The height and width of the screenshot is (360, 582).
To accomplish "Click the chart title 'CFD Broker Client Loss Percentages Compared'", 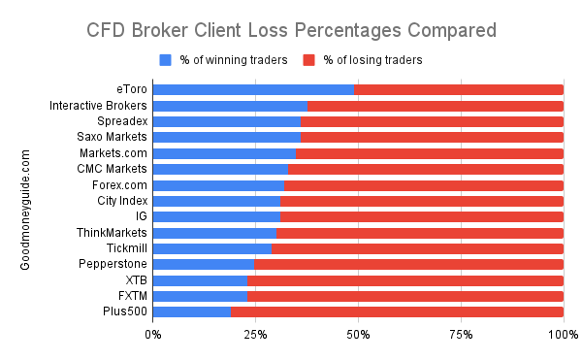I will (x=291, y=29).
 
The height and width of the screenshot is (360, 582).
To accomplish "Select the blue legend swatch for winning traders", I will (x=165, y=60).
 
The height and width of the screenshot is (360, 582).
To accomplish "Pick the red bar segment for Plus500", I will (x=397, y=311).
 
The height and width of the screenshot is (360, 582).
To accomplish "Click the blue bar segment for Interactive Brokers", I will (x=231, y=106).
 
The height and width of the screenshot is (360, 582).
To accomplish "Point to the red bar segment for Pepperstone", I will (x=408, y=264).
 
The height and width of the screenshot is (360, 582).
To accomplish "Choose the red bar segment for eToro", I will (x=459, y=90).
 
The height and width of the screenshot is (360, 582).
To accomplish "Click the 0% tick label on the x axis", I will (x=153, y=335).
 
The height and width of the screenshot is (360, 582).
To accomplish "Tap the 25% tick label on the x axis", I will (x=256, y=335).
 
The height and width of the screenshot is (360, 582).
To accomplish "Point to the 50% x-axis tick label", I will (x=358, y=335).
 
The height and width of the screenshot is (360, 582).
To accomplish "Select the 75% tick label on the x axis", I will (x=461, y=335).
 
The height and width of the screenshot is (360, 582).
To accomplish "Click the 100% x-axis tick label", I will (x=563, y=335).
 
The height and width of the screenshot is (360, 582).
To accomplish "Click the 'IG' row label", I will (x=141, y=216).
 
